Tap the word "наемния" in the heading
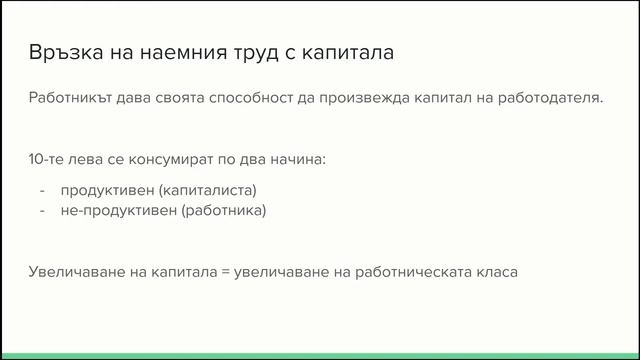[x=178, y=52]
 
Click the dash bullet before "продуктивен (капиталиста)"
[x=42, y=190]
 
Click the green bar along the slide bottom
[x=320, y=355]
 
